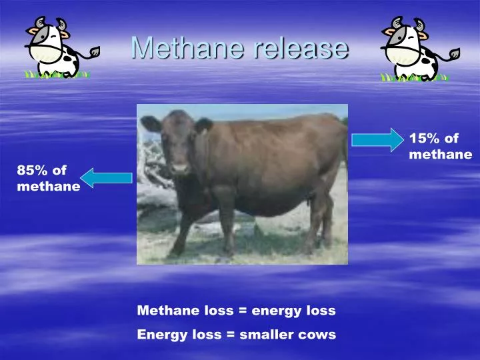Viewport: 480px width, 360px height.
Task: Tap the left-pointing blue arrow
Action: (x=107, y=177)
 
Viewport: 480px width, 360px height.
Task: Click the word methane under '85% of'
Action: (x=48, y=187)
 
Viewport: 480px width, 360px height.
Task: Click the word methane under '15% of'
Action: (x=440, y=155)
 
